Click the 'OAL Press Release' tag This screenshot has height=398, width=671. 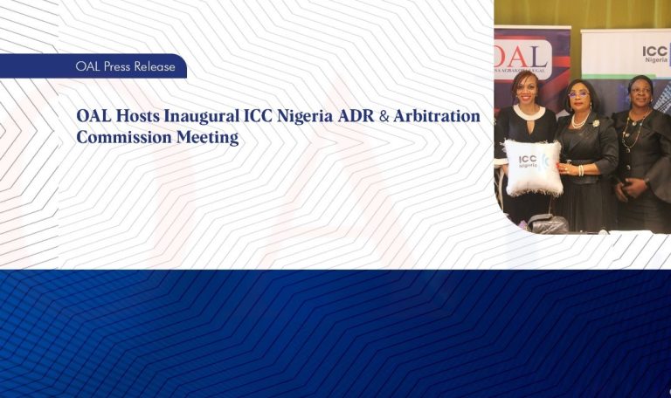tap(125, 66)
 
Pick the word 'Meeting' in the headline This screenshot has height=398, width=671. tap(205, 137)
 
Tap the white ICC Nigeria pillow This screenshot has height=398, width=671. tap(533, 167)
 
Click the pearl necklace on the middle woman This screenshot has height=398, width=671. tap(579, 120)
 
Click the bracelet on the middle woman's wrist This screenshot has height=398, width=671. tap(580, 169)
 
